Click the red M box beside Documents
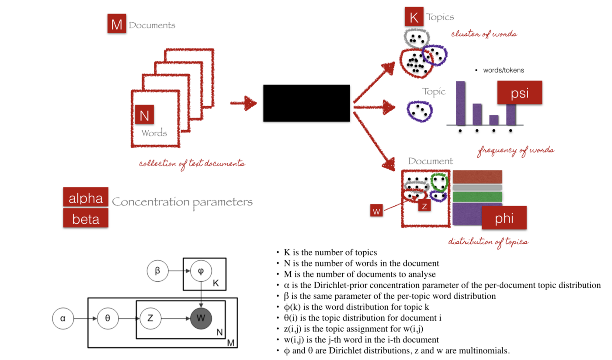117,24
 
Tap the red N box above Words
145,116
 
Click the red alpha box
86,197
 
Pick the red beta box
86,218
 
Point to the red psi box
520,93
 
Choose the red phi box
504,218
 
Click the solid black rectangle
306,103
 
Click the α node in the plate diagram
63,318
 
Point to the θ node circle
108,318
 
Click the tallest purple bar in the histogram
460,103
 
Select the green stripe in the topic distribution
477,197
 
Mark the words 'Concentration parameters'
182,202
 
